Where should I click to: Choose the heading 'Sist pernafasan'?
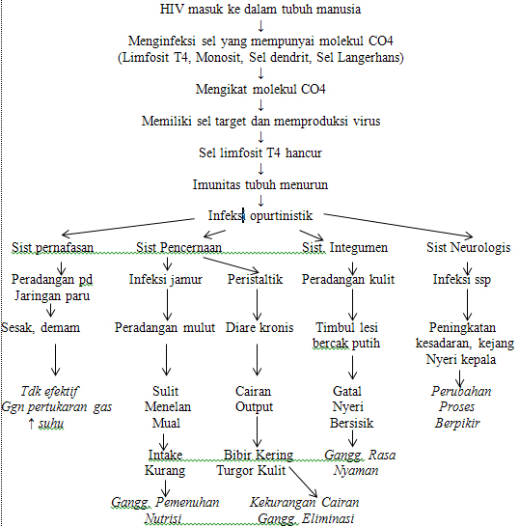pyautogui.click(x=54, y=248)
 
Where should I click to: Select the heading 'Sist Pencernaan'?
pyautogui.click(x=179, y=248)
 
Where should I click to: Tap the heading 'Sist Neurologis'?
pyautogui.click(x=468, y=248)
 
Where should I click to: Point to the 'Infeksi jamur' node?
pyautogui.click(x=166, y=280)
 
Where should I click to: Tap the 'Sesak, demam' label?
pyautogui.click(x=41, y=327)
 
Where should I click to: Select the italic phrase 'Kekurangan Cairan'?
pyautogui.click(x=302, y=503)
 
